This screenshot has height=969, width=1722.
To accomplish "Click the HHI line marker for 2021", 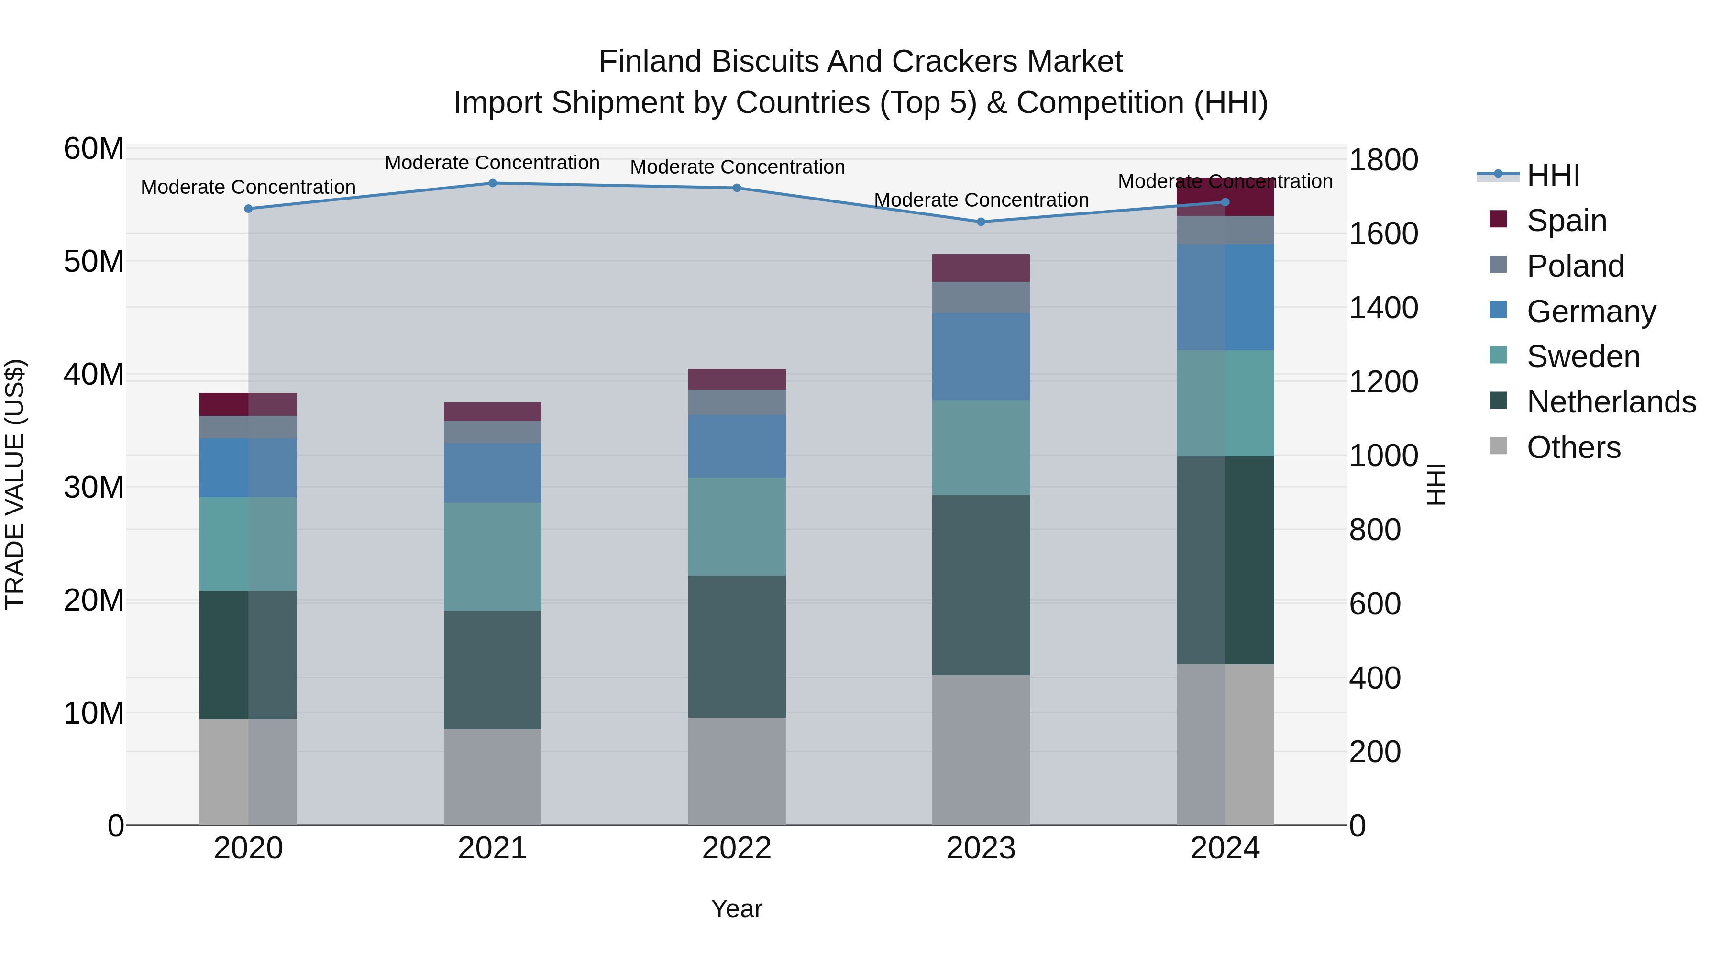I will [x=492, y=183].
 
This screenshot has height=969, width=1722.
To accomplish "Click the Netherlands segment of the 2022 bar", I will [x=737, y=646].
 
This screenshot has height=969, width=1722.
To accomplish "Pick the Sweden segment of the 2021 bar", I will [x=492, y=557].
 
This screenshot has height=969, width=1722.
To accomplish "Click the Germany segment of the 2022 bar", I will [x=737, y=446].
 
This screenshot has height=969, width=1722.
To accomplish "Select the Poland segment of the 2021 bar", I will [x=492, y=432].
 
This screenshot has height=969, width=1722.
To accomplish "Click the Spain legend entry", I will [x=1566, y=220].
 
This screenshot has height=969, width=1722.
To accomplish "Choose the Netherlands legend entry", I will [x=1611, y=402].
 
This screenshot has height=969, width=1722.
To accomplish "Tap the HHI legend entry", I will [x=1553, y=175].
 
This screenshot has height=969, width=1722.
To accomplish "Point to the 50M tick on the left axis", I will [x=94, y=261].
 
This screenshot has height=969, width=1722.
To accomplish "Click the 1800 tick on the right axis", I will [x=1383, y=160].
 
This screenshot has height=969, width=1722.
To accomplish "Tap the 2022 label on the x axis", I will [x=737, y=848].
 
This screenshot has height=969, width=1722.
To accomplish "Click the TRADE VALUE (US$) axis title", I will [x=15, y=484].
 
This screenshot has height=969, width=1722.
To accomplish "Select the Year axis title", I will [x=737, y=909].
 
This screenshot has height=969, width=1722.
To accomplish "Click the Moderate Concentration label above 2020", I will [x=248, y=187].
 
